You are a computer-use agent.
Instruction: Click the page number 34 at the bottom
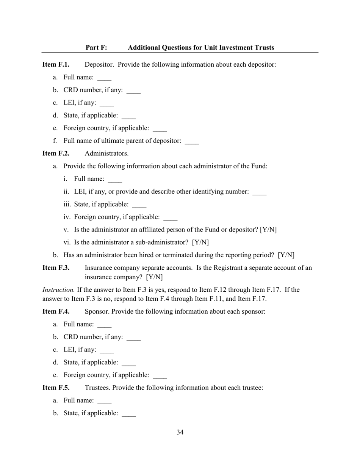tap(180, 432)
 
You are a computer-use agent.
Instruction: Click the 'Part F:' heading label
tap(96, 47)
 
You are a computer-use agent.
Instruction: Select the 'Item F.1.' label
tap(56, 64)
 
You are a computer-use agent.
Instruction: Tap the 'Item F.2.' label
tap(56, 153)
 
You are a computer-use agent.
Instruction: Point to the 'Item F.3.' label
tap(56, 268)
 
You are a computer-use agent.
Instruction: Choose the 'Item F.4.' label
tap(56, 311)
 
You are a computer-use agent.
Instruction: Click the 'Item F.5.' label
tap(56, 388)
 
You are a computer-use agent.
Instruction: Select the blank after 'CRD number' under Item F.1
tap(133, 91)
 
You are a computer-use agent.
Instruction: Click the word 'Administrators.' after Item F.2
tap(106, 153)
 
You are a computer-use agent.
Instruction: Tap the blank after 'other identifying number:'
tap(260, 193)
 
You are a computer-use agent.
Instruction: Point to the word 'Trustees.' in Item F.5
tap(97, 388)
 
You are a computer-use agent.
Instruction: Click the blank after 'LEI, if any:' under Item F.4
tap(107, 351)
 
